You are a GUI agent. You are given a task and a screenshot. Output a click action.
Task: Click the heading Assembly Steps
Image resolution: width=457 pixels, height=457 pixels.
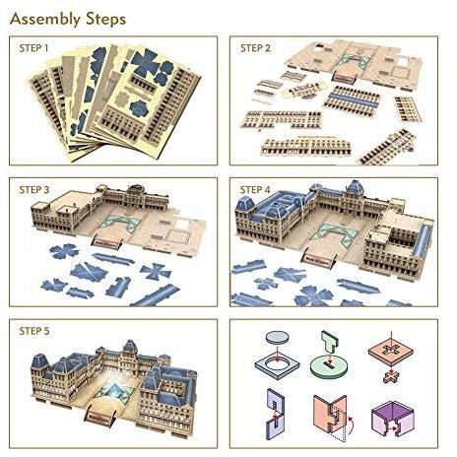coord(68,19)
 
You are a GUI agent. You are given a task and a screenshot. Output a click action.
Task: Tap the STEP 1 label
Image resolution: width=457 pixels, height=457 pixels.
coord(33,48)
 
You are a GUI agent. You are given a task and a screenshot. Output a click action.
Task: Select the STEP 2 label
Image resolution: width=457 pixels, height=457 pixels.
coord(255,48)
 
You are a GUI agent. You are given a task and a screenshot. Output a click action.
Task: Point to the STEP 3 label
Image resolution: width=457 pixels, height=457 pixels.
coord(34,190)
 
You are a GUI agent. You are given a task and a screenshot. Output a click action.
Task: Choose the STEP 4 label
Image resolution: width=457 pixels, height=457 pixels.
coord(255,190)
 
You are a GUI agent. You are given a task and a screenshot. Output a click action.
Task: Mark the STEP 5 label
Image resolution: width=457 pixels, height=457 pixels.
coord(34,331)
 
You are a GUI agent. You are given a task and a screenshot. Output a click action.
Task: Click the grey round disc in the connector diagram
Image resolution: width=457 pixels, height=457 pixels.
coord(278,337)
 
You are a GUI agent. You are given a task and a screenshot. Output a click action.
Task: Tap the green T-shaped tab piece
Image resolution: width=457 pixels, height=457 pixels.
coord(329,342)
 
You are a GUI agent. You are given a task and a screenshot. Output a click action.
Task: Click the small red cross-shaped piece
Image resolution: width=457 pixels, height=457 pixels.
coord(391,376)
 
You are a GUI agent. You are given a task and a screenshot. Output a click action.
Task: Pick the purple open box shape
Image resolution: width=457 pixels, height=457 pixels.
coord(393,418)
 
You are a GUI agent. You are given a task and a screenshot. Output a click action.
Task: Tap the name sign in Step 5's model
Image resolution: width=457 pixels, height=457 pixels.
coord(100,417)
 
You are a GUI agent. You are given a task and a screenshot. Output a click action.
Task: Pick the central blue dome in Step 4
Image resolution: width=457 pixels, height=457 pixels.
coord(356,187)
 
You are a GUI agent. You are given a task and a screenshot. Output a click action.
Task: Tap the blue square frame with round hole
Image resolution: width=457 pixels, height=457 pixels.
coord(277,366)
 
